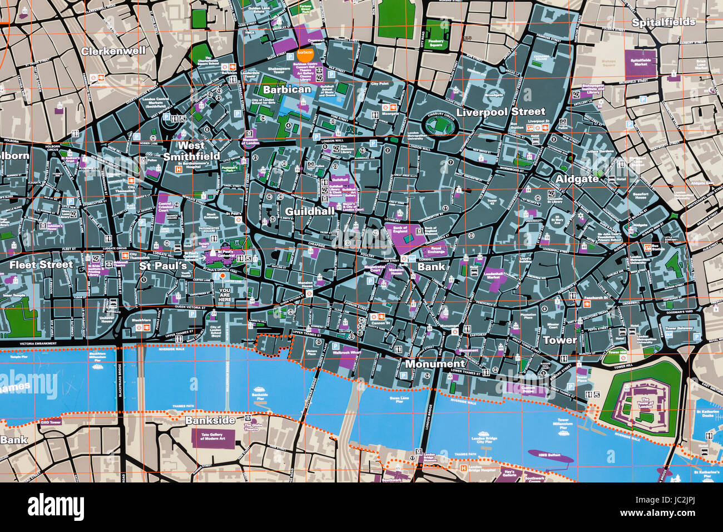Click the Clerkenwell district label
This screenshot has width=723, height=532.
click(x=113, y=51)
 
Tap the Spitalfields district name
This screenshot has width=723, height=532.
click(x=663, y=22)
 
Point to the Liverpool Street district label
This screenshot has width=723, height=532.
click(x=501, y=111)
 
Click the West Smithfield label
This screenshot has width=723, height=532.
click(x=191, y=151)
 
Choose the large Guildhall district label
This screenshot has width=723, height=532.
click(x=310, y=211)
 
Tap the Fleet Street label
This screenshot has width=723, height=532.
click(x=41, y=264)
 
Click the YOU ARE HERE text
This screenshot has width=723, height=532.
click(x=225, y=295)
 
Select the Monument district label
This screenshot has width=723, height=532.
click(x=435, y=364)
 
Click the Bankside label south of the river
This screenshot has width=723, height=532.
click(x=210, y=420)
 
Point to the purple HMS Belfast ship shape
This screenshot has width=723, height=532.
click(x=550, y=457)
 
